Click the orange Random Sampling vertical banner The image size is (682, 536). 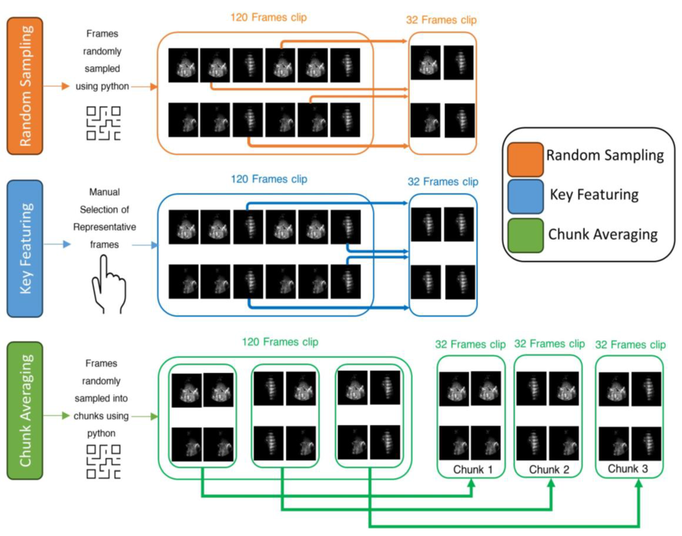(x=25, y=86)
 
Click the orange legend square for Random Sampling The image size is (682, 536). (x=525, y=159)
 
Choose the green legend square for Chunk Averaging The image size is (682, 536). (x=525, y=235)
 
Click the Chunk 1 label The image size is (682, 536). (x=472, y=470)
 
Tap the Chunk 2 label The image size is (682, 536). (x=549, y=470)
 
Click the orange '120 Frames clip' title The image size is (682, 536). (x=268, y=17)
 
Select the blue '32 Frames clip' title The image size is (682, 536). (x=443, y=181)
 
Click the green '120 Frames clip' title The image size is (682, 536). (x=280, y=342)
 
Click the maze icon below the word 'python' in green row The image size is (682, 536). (x=103, y=461)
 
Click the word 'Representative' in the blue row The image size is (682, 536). (x=104, y=227)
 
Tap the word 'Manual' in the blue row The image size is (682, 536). (x=104, y=192)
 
